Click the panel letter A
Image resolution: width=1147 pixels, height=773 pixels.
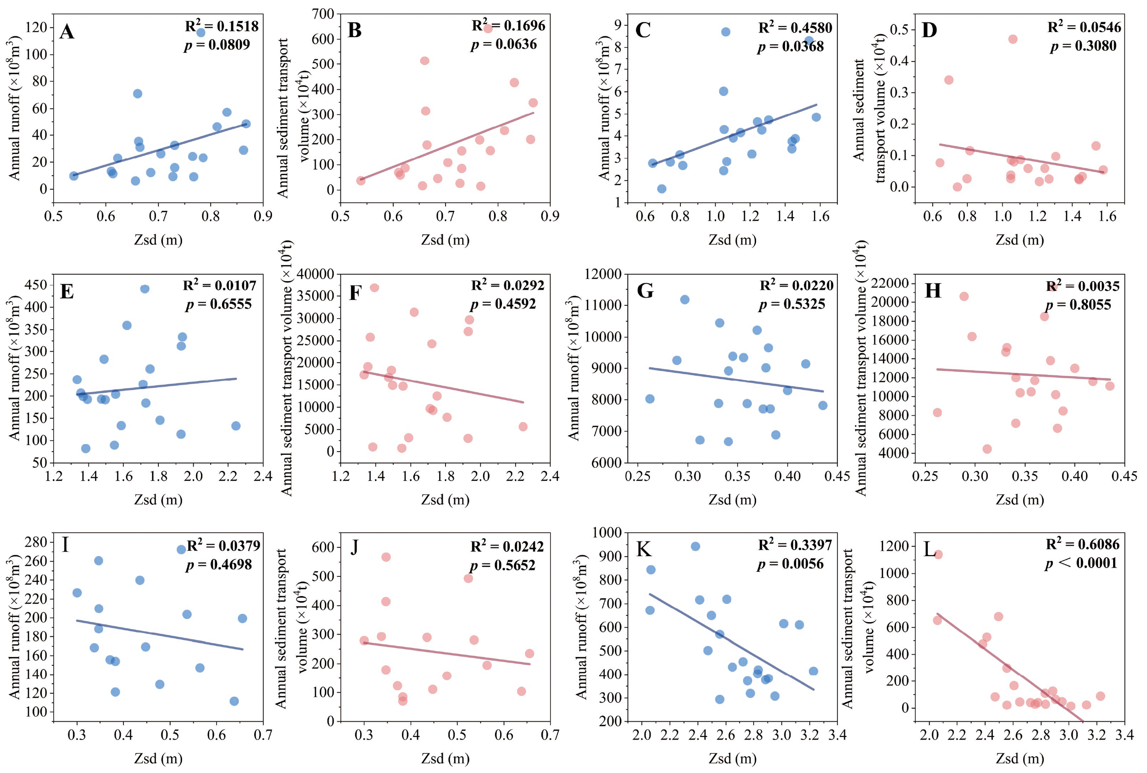pyautogui.click(x=67, y=32)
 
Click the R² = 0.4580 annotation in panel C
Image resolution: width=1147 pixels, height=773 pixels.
pyautogui.click(x=795, y=28)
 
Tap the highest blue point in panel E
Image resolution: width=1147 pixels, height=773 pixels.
pyautogui.click(x=145, y=289)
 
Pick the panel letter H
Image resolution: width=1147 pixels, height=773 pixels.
pyautogui.click(x=932, y=291)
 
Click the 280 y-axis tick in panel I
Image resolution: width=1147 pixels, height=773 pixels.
pyautogui.click(x=36, y=542)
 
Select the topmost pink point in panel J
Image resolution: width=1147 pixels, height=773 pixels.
pyautogui.click(x=386, y=557)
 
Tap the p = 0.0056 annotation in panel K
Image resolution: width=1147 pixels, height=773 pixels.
pyautogui.click(x=791, y=564)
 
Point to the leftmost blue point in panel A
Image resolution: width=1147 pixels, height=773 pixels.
pyautogui.click(x=73, y=176)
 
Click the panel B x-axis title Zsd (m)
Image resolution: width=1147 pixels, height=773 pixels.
pyautogui.click(x=445, y=240)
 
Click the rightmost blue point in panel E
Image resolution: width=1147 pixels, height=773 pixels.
pyautogui.click(x=236, y=426)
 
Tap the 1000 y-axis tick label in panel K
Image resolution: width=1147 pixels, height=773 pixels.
pyautogui.click(x=607, y=533)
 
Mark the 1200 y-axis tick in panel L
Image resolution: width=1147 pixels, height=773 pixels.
pyautogui.click(x=894, y=546)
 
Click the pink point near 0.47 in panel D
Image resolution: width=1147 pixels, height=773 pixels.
pyautogui.click(x=1013, y=39)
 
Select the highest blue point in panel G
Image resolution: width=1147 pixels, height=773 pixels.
pyautogui.click(x=685, y=300)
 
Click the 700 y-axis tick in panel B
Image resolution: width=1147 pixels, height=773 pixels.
pyautogui.click(x=323, y=14)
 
